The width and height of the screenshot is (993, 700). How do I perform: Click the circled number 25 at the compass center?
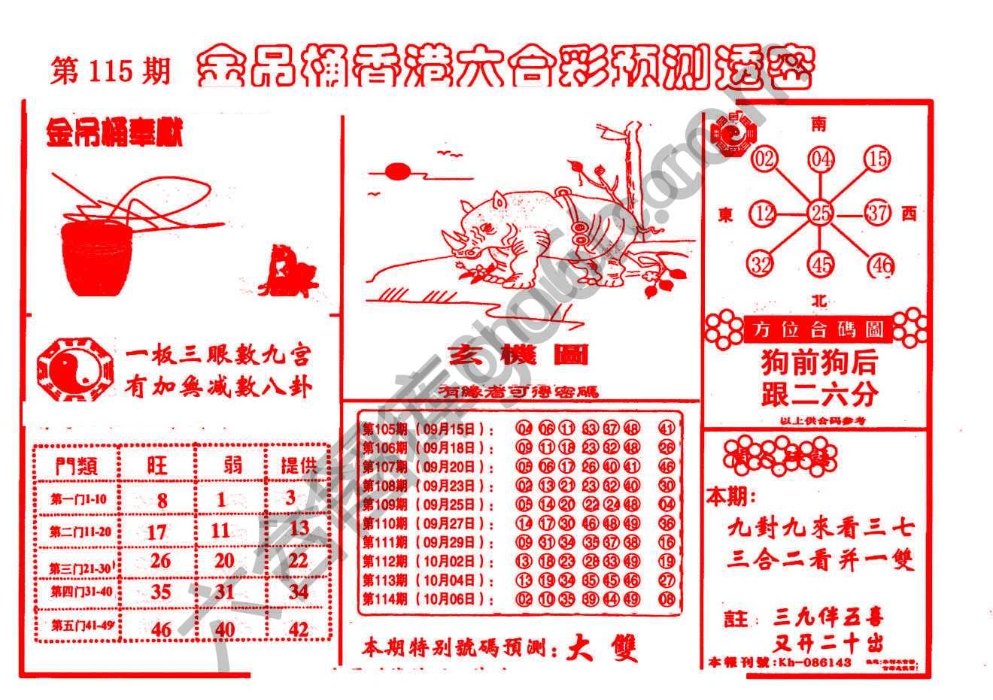tap(820, 213)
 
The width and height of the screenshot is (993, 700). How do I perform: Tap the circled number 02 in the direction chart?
tap(764, 159)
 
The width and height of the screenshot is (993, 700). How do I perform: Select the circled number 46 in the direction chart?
tap(879, 265)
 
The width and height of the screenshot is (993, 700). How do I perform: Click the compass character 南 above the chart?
tap(818, 123)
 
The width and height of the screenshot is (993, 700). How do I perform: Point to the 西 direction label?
tap(909, 214)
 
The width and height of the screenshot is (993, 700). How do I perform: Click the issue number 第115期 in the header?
tap(111, 71)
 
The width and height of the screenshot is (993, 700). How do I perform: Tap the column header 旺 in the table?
tap(156, 465)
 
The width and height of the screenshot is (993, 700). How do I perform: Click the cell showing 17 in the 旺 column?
tap(156, 532)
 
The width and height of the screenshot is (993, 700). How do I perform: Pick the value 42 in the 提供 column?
tap(299, 629)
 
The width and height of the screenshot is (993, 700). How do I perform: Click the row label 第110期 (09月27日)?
tap(428, 524)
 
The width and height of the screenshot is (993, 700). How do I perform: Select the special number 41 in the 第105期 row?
tap(666, 429)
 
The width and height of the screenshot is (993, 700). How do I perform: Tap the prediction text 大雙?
tap(603, 647)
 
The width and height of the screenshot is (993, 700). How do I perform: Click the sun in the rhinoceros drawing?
tap(398, 173)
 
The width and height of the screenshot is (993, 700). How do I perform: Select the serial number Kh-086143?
tap(815, 662)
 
